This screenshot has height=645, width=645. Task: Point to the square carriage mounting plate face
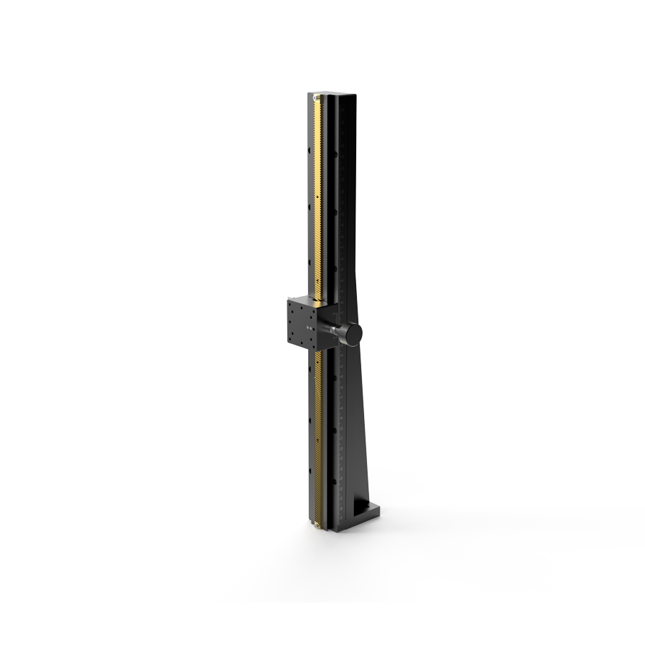(302, 325)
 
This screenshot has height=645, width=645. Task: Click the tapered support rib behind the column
(362, 401)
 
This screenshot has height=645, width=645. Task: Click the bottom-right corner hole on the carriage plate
(315, 348)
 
